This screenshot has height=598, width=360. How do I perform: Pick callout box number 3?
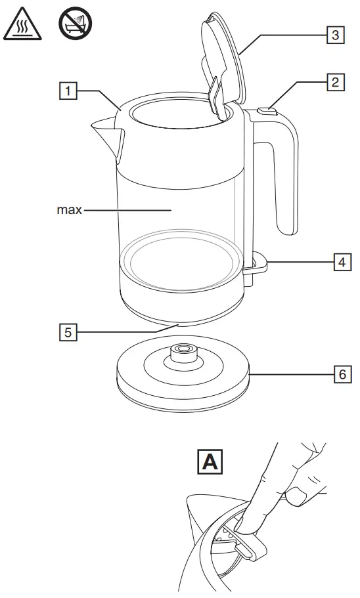tap(334, 35)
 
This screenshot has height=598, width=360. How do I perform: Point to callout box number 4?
tap(340, 263)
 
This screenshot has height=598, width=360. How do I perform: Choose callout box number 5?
tap(67, 333)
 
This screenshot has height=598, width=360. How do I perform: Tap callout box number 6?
tap(340, 375)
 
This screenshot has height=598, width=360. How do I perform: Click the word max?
tap(69, 211)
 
